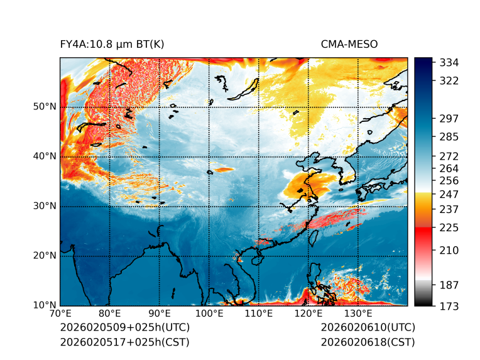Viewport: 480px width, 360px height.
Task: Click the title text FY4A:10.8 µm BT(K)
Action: click(x=112, y=44)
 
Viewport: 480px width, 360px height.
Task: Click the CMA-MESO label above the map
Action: click(x=349, y=44)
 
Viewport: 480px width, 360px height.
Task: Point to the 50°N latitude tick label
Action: click(x=44, y=107)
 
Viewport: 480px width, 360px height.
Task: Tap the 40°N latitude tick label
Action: click(x=44, y=156)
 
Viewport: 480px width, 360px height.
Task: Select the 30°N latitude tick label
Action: click(x=44, y=206)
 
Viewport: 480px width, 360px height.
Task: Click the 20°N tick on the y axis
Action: click(x=44, y=256)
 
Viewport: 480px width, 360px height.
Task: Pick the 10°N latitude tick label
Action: click(x=44, y=305)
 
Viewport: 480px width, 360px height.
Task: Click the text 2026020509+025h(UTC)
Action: click(x=124, y=328)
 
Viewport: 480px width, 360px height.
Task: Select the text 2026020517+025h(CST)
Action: click(x=124, y=342)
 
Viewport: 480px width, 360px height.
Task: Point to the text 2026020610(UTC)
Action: click(x=368, y=328)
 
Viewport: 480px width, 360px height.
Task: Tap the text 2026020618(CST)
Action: click(x=368, y=342)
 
